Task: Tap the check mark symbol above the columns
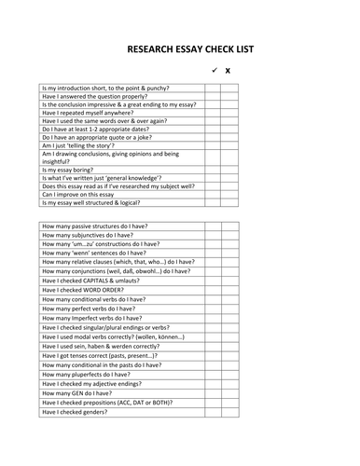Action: point(214,71)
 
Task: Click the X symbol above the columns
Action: point(228,71)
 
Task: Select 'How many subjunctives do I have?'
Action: point(94,237)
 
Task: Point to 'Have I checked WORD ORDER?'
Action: point(86,290)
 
